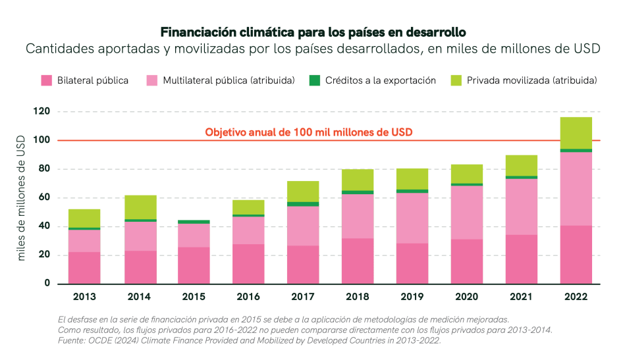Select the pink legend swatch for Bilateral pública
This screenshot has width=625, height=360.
pyautogui.click(x=46, y=81)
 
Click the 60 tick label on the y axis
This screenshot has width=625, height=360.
pyautogui.click(x=43, y=198)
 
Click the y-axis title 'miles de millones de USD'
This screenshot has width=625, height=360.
pyautogui.click(x=21, y=197)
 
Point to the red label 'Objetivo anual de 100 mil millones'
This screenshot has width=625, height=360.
pyautogui.click(x=308, y=132)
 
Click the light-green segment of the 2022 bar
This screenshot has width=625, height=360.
pyautogui.click(x=576, y=133)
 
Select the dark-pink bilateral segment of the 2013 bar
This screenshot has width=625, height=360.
pyautogui.click(x=84, y=268)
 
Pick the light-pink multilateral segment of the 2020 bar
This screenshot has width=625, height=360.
pyautogui.click(x=467, y=212)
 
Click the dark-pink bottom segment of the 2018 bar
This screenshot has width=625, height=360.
pyautogui.click(x=358, y=261)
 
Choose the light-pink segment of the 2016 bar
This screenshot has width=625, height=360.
pyautogui.click(x=248, y=230)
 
